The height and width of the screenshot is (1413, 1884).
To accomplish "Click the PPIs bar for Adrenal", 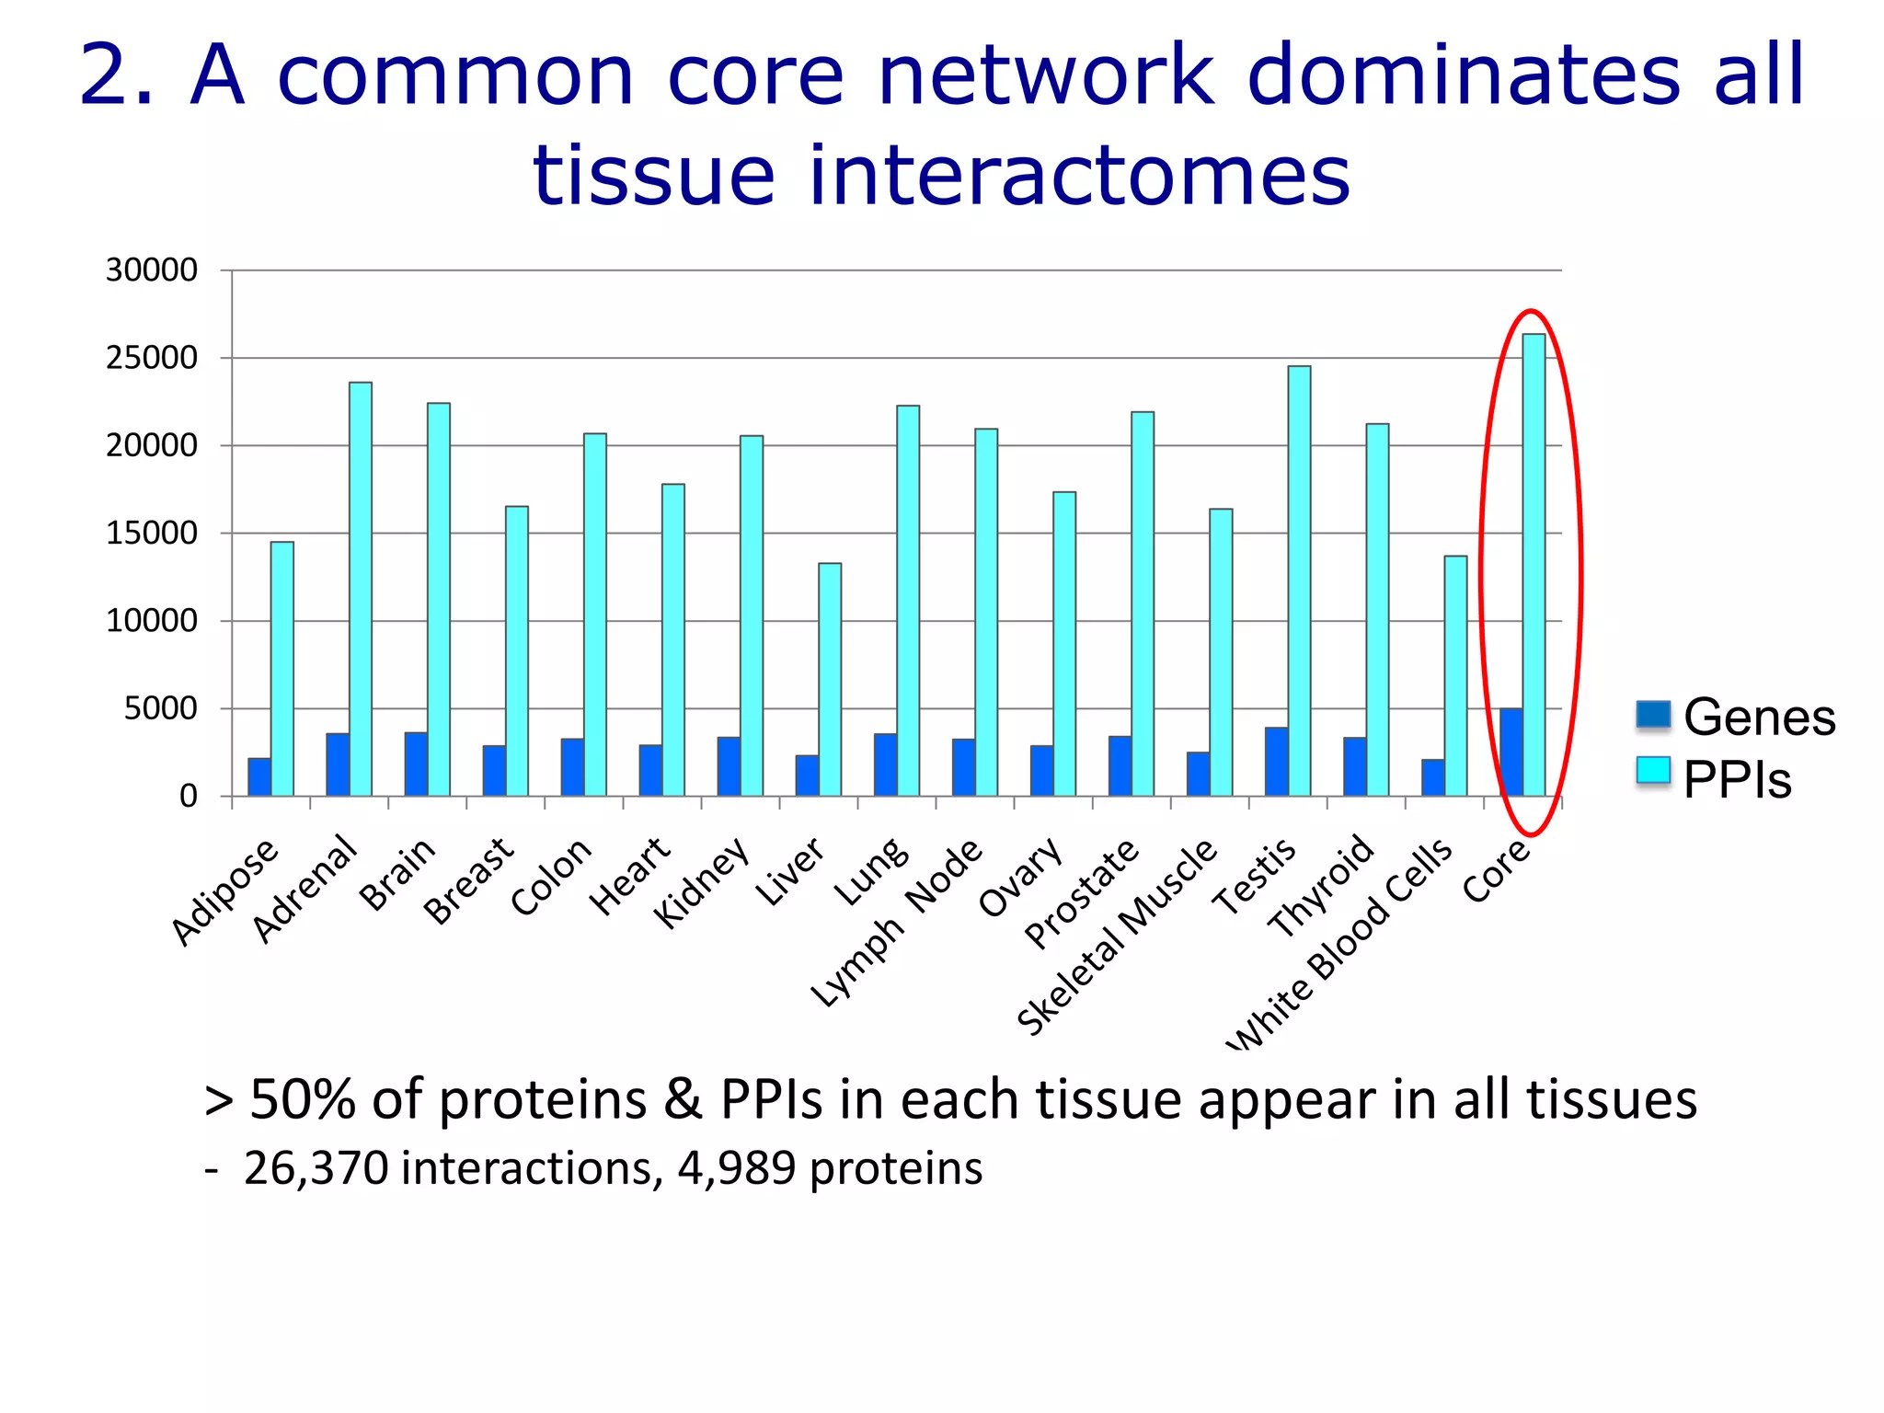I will click(361, 589).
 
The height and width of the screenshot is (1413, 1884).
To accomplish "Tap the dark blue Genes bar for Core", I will click(1511, 752).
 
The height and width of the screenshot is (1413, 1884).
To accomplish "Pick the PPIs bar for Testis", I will click(1299, 580).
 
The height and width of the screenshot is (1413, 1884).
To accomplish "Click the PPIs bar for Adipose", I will click(282, 669).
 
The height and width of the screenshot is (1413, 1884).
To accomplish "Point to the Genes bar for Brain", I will click(416, 764).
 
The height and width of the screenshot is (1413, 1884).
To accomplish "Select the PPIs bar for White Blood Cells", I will click(1455, 675).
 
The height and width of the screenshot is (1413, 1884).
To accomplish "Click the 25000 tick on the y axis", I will click(152, 358).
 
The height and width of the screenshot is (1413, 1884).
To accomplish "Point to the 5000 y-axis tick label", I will click(161, 708).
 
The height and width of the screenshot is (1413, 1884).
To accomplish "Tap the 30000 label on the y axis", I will click(152, 270).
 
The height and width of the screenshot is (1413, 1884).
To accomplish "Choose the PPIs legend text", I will click(1737, 780).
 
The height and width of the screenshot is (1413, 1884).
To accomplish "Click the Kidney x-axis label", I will click(702, 883).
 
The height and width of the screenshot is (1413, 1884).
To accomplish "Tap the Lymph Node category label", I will click(898, 923).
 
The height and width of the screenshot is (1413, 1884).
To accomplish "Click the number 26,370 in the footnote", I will click(316, 1169).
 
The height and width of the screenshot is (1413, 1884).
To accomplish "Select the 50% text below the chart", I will click(303, 1099).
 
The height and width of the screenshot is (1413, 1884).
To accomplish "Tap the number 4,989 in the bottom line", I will click(736, 1169).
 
